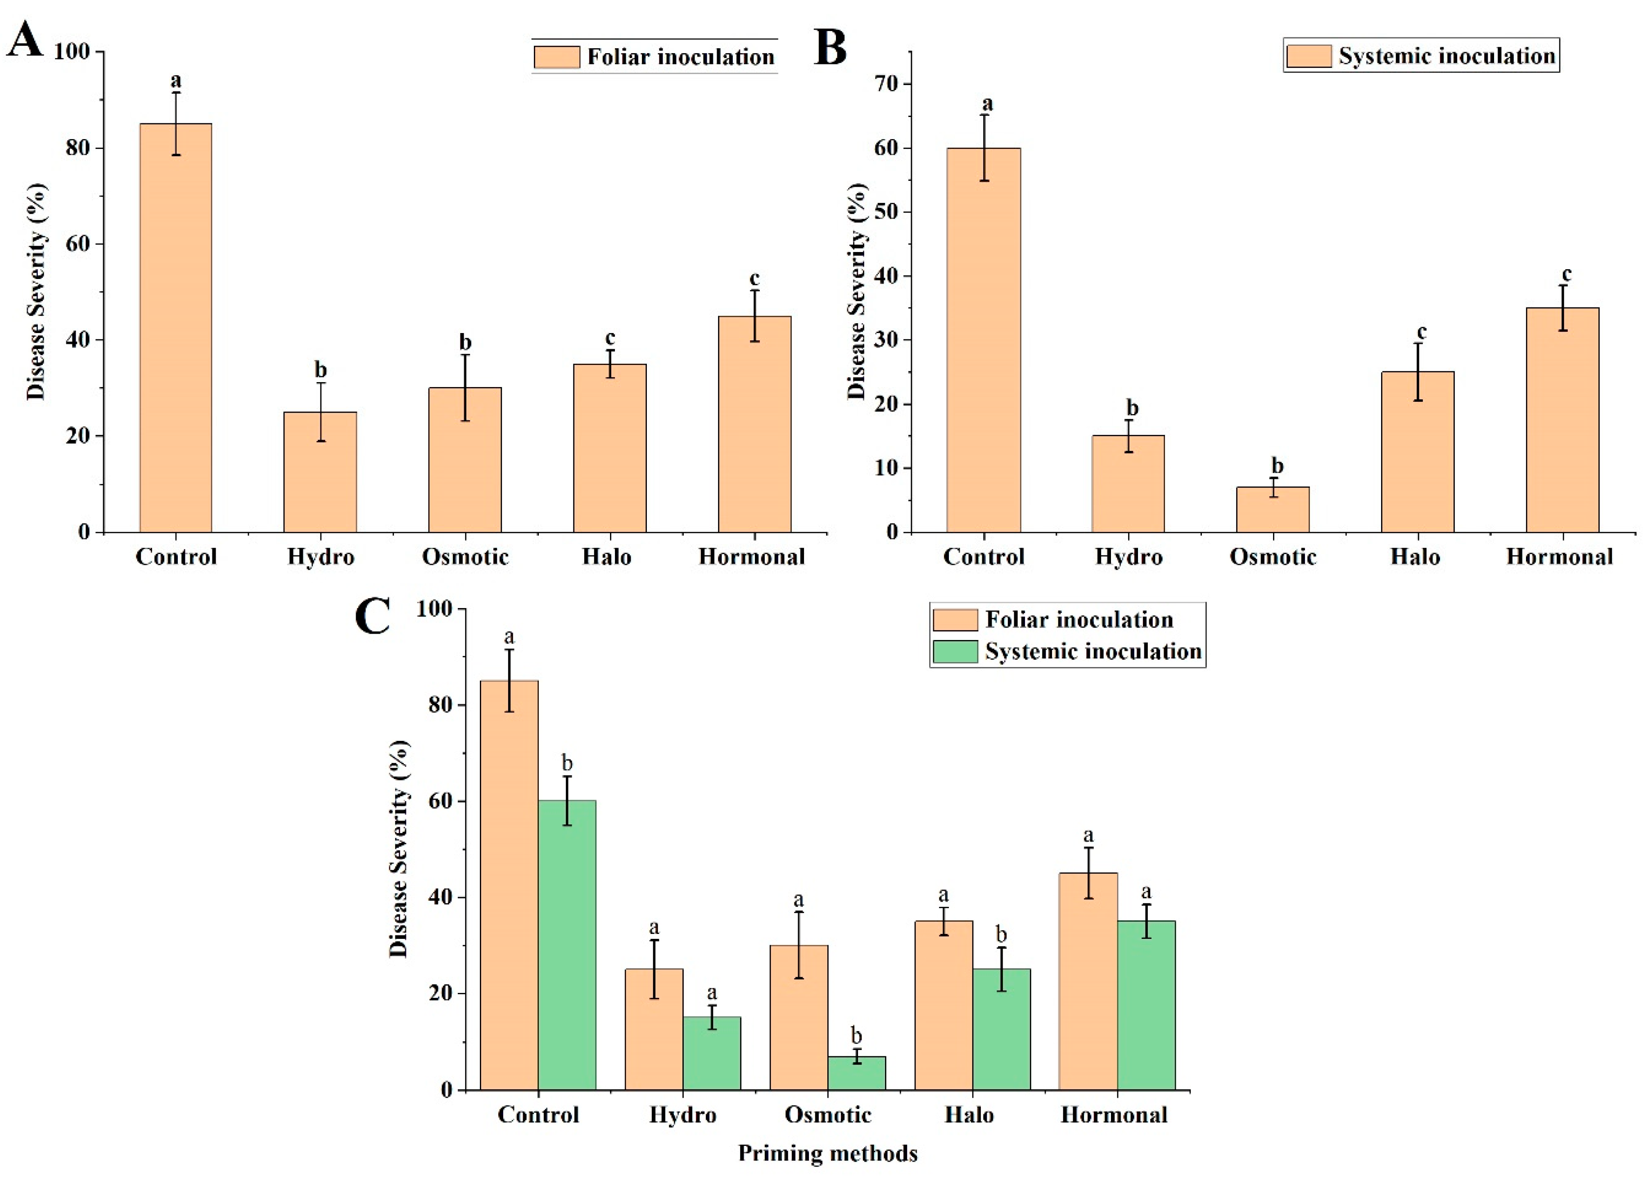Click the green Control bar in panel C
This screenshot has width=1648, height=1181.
(567, 944)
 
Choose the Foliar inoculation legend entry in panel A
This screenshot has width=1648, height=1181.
(654, 57)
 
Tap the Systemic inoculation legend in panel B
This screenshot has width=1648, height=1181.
(1421, 56)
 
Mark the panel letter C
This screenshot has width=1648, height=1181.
(373, 615)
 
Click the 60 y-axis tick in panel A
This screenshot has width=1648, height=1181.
(78, 243)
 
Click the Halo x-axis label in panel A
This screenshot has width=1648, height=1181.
(607, 557)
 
